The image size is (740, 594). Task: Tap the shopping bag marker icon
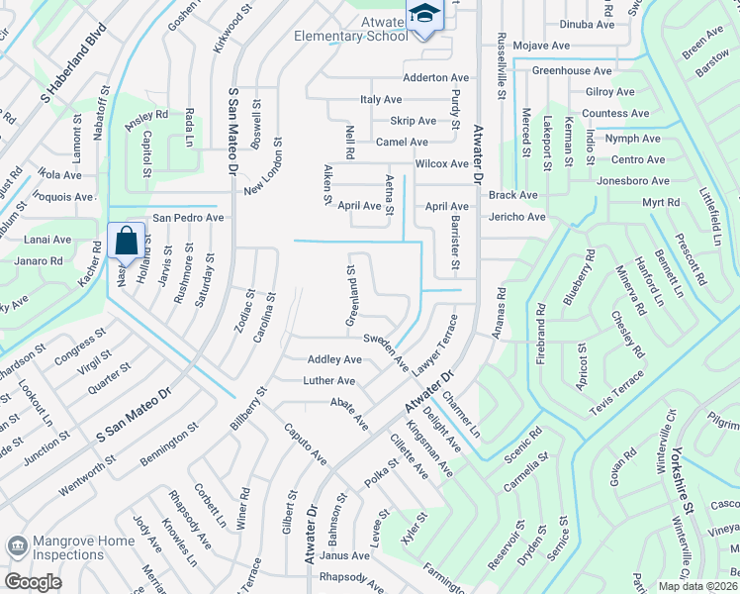[127, 241]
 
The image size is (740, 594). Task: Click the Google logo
[33, 582]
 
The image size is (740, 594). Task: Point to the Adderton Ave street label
[435, 78]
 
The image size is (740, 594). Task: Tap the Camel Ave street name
[402, 143]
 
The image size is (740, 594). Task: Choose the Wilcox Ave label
[442, 163]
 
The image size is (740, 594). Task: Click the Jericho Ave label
[515, 217]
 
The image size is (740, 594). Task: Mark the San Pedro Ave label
[187, 218]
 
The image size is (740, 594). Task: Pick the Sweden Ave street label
[385, 351]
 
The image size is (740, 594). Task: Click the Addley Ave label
[334, 359]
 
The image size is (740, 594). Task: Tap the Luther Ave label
[329, 380]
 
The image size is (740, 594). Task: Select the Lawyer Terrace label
[435, 345]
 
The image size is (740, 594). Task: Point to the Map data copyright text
[698, 586]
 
